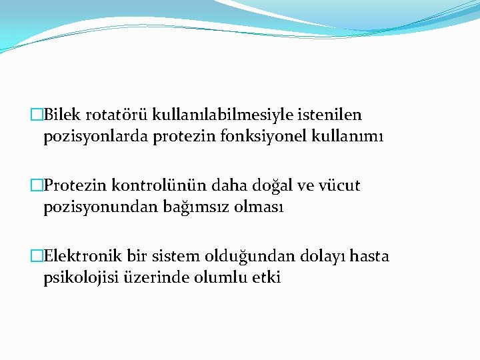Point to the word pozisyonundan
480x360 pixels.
pyautogui.click(x=101, y=207)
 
